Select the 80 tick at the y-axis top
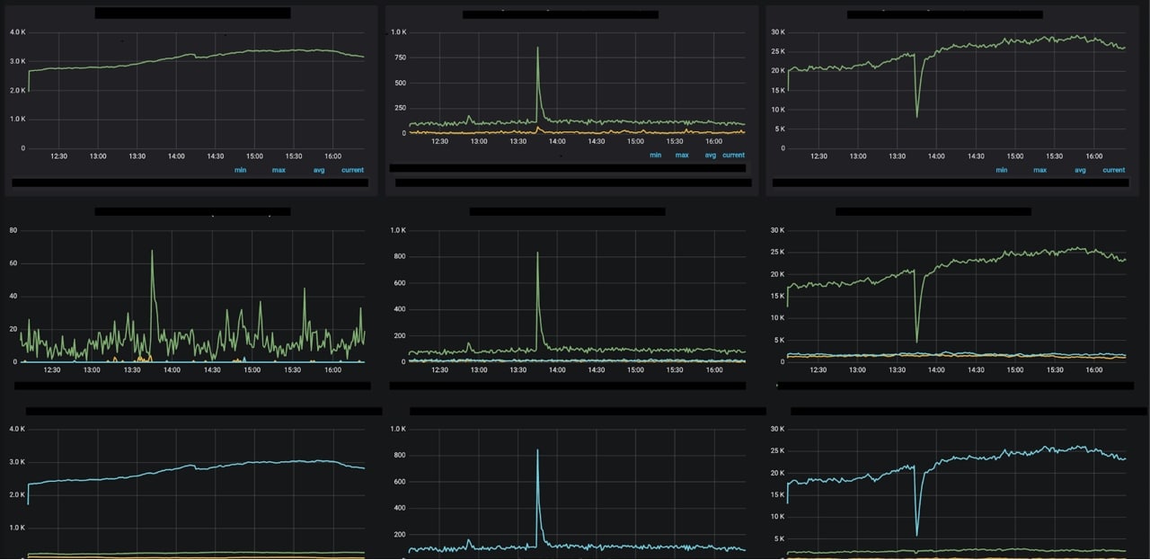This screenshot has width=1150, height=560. click(x=13, y=230)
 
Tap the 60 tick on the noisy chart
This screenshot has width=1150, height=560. click(x=13, y=263)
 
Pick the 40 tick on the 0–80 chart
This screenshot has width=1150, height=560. click(x=13, y=296)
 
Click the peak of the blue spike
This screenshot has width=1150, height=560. click(x=537, y=450)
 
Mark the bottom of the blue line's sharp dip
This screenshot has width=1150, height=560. click(x=916, y=535)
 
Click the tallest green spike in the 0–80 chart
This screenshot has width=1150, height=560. click(x=152, y=252)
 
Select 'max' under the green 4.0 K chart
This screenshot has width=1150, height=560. click(x=279, y=170)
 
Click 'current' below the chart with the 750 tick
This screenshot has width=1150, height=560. click(x=733, y=155)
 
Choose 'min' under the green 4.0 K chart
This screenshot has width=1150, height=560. click(x=240, y=170)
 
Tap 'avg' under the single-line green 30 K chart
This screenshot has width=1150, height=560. click(x=1080, y=170)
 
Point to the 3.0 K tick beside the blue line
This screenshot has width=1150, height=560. click(x=16, y=462)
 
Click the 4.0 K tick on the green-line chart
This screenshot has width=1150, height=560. click(x=16, y=32)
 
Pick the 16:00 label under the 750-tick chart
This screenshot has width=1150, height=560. click(x=713, y=141)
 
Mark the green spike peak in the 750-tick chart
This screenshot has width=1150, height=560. click(x=537, y=49)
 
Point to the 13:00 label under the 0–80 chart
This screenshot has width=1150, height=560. click(x=92, y=369)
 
